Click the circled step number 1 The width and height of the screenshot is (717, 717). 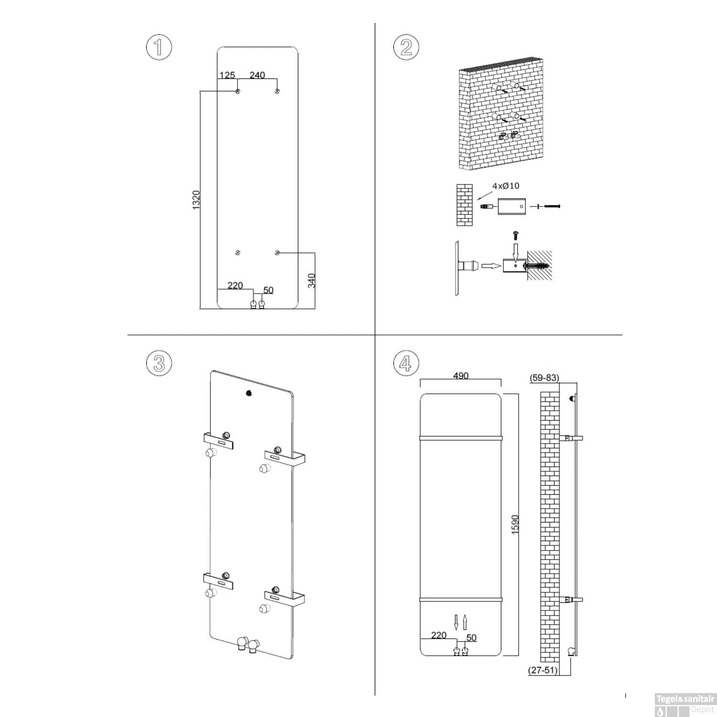pyautogui.click(x=158, y=47)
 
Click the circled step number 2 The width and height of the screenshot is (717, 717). pyautogui.click(x=406, y=47)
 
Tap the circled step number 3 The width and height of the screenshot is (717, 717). pyautogui.click(x=158, y=363)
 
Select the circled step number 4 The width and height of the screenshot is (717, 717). pyautogui.click(x=406, y=363)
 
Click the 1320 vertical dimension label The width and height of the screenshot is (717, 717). pyautogui.click(x=196, y=199)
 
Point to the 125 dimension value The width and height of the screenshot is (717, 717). pyautogui.click(x=227, y=75)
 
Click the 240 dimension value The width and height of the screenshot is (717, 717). pyautogui.click(x=257, y=75)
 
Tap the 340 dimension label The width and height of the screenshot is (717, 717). pyautogui.click(x=312, y=280)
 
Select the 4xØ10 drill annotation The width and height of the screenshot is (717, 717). pyautogui.click(x=506, y=185)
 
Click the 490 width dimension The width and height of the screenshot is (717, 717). pyautogui.click(x=460, y=376)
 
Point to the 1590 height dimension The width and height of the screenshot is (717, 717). pyautogui.click(x=515, y=524)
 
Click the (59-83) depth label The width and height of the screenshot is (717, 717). pyautogui.click(x=544, y=378)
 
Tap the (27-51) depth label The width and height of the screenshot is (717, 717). pyautogui.click(x=543, y=670)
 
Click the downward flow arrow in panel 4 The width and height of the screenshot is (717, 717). pyautogui.click(x=456, y=622)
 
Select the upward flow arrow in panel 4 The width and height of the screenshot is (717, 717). pyautogui.click(x=465, y=622)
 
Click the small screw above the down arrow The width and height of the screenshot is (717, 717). pyautogui.click(x=515, y=235)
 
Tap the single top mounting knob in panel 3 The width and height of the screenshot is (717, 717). pyautogui.click(x=249, y=393)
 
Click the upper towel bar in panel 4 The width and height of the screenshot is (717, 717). pyautogui.click(x=461, y=438)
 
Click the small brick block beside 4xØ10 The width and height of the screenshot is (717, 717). pyautogui.click(x=464, y=205)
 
